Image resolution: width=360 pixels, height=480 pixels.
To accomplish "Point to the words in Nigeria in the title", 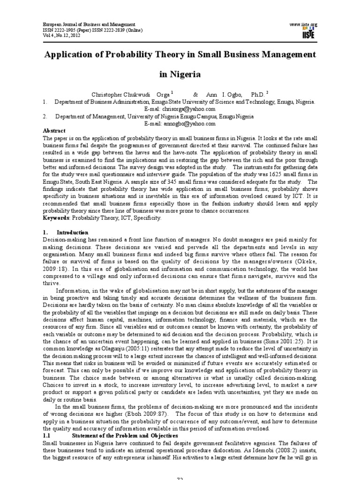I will (x=180, y=74).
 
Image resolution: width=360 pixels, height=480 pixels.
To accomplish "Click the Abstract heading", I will (x=54, y=131).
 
